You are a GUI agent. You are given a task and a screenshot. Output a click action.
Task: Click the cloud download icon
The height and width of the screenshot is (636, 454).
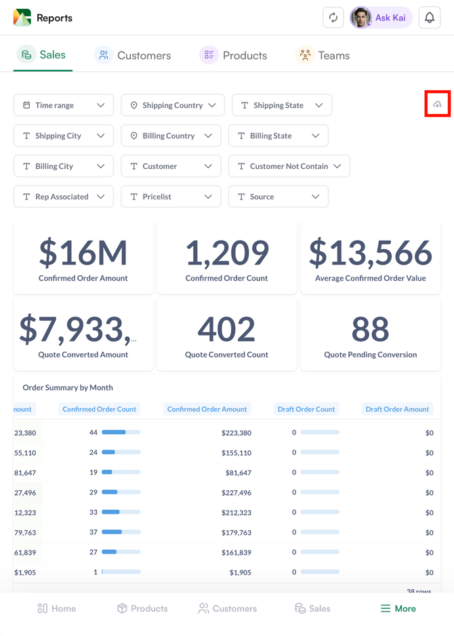pyautogui.click(x=437, y=104)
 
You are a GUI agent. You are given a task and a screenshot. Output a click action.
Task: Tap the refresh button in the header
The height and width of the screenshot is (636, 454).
pyautogui.click(x=333, y=18)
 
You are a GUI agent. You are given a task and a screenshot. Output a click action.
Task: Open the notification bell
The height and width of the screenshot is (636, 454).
pyautogui.click(x=430, y=18)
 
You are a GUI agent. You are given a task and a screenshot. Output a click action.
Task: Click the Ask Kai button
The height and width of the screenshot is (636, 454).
pyautogui.click(x=381, y=18)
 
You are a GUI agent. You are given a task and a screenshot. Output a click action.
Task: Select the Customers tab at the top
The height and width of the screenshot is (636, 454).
pyautogui.click(x=133, y=56)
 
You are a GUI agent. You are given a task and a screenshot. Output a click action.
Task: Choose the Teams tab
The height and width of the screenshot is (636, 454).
pyautogui.click(x=323, y=56)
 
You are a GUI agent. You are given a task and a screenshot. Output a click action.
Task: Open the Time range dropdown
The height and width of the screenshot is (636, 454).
pyautogui.click(x=64, y=105)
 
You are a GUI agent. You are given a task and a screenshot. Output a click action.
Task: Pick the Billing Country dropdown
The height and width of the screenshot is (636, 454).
pyautogui.click(x=171, y=136)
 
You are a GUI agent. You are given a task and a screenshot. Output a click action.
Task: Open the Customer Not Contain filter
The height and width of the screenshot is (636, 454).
pyautogui.click(x=289, y=166)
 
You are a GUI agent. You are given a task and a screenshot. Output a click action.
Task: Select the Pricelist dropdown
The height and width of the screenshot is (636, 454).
pyautogui.click(x=171, y=197)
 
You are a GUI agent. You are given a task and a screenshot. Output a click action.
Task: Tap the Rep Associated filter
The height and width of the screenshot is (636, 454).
pyautogui.click(x=64, y=197)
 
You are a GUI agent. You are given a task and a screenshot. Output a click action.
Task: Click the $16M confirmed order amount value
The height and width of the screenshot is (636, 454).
pyautogui.click(x=83, y=253)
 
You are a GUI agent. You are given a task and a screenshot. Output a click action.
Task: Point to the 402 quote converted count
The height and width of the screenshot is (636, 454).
pyautogui.click(x=226, y=330)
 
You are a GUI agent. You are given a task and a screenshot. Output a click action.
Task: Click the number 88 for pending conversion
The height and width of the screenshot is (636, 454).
pyautogui.click(x=370, y=330)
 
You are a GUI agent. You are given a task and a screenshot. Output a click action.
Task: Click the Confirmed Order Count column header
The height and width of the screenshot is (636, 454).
pyautogui.click(x=99, y=409)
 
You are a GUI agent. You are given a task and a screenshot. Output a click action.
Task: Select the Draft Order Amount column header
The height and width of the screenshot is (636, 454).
pyautogui.click(x=397, y=409)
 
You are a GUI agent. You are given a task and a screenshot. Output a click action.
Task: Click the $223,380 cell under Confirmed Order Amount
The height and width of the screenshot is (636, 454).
pyautogui.click(x=236, y=433)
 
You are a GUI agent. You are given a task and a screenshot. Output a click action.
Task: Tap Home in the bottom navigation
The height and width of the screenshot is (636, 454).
pyautogui.click(x=57, y=608)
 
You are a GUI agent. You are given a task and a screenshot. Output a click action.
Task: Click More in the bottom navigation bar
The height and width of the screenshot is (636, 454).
pyautogui.click(x=398, y=608)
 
